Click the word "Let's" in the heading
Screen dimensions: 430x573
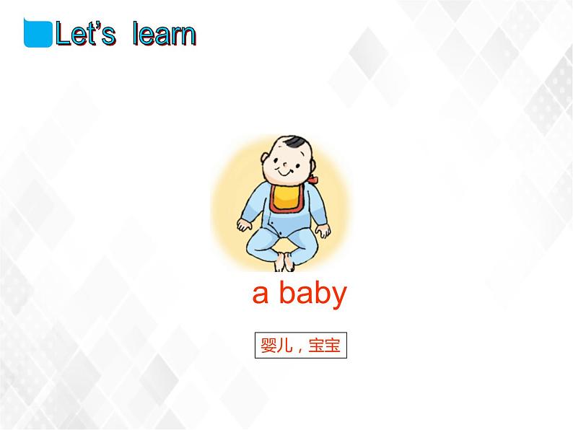pos(86,35)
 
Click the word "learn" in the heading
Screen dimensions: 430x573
pos(164,35)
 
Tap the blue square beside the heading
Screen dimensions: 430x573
pos(38,33)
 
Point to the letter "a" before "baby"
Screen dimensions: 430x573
pos(260,295)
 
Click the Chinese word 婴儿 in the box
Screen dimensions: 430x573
pos(274,346)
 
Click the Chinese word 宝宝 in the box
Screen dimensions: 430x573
pos(324,346)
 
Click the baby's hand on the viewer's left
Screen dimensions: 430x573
pos(245,229)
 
